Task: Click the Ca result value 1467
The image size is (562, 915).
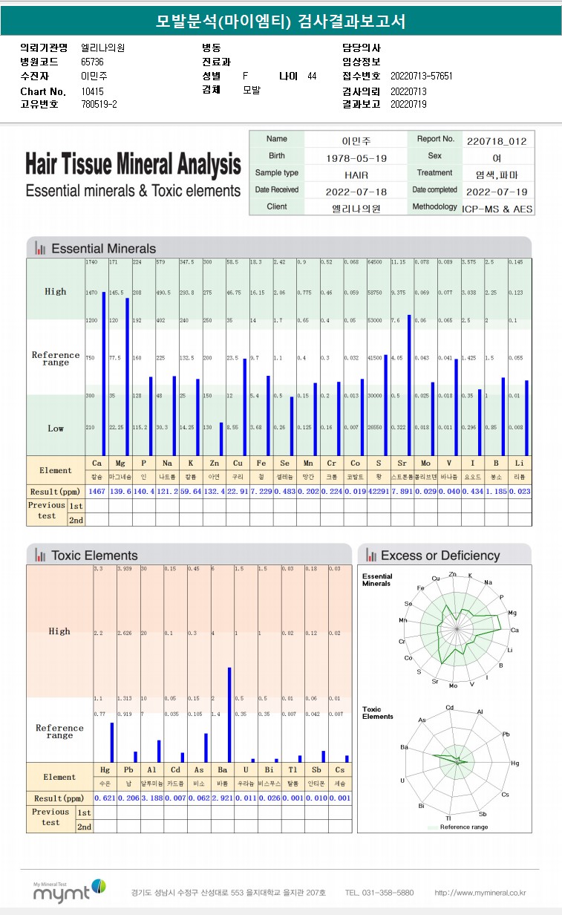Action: pos(97,492)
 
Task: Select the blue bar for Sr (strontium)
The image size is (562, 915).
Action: pos(409,385)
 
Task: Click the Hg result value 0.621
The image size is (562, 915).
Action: pos(105,798)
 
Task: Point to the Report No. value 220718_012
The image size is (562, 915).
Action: pos(497,140)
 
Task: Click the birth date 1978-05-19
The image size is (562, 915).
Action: pos(356,157)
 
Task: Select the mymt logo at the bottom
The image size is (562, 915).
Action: pos(71,892)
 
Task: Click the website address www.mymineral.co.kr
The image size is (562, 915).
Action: pos(480,892)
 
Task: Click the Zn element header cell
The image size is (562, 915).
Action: pos(215,463)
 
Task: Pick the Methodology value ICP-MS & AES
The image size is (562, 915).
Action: pos(497,209)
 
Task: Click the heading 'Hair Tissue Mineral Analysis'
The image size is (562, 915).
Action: pos(133,164)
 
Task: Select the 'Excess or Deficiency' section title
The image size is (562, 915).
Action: pos(440,556)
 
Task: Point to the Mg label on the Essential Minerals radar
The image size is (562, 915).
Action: pos(512,613)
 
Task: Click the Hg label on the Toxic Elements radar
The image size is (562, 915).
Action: pos(515,763)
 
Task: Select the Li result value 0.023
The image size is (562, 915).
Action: pos(519,492)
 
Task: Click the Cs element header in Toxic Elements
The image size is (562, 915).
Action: pos(340,769)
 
